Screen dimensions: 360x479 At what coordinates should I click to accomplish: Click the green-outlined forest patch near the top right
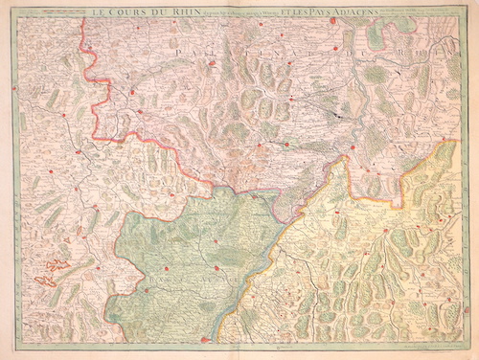(x=376, y=41)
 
